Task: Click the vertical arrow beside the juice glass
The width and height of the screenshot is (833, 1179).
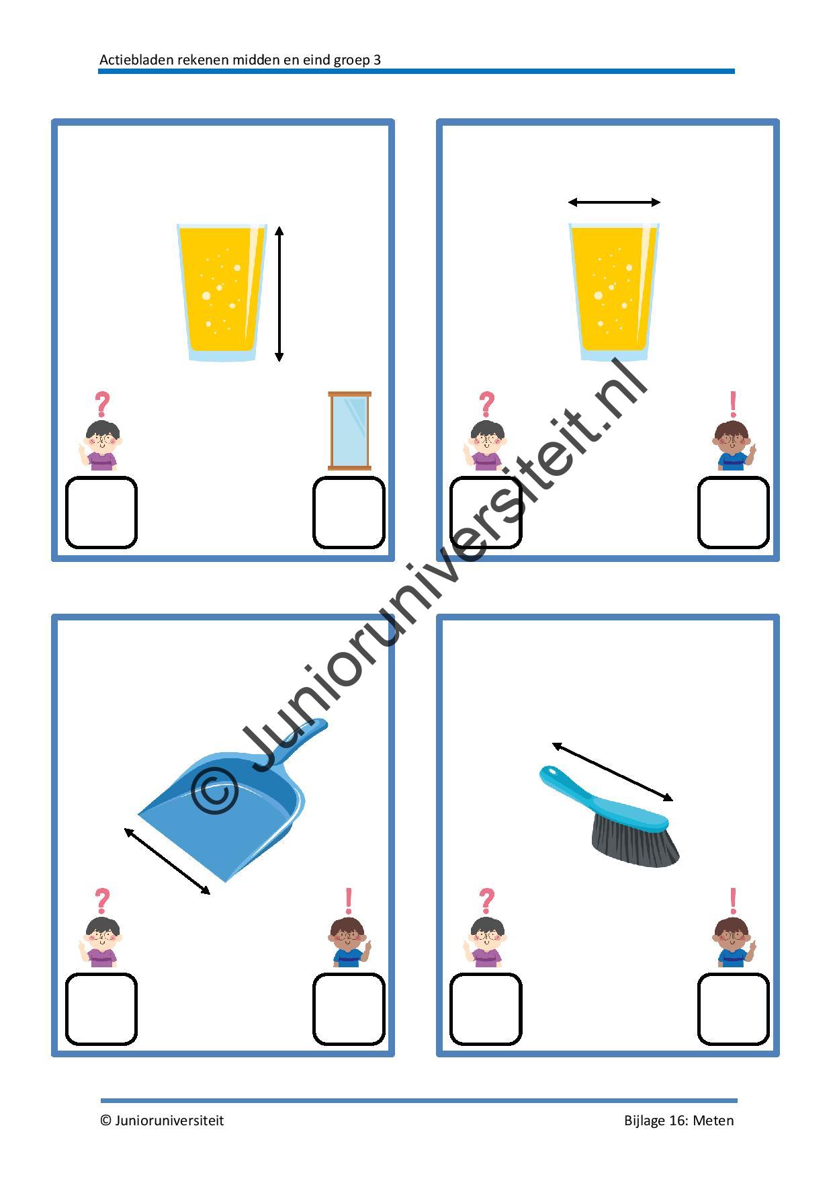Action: click(x=279, y=294)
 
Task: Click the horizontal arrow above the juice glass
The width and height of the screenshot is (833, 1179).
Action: click(x=614, y=202)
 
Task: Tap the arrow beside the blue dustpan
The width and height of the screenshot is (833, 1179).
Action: click(x=167, y=861)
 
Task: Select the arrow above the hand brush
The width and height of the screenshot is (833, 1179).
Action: click(x=612, y=772)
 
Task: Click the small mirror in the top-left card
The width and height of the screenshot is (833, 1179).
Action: click(x=349, y=431)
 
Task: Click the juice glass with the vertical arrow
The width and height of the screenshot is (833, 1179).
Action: click(x=221, y=291)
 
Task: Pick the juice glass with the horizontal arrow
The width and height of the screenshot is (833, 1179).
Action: click(x=614, y=291)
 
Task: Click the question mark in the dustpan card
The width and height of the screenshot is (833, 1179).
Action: click(x=102, y=900)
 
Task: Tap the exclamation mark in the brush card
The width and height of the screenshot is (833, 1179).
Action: click(x=733, y=901)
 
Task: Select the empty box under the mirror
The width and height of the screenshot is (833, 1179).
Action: click(x=349, y=512)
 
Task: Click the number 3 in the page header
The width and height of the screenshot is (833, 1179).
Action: click(x=377, y=60)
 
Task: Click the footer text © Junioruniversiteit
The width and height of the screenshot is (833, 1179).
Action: click(x=162, y=1121)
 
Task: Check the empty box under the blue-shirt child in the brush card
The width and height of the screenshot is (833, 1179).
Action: click(x=733, y=1009)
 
